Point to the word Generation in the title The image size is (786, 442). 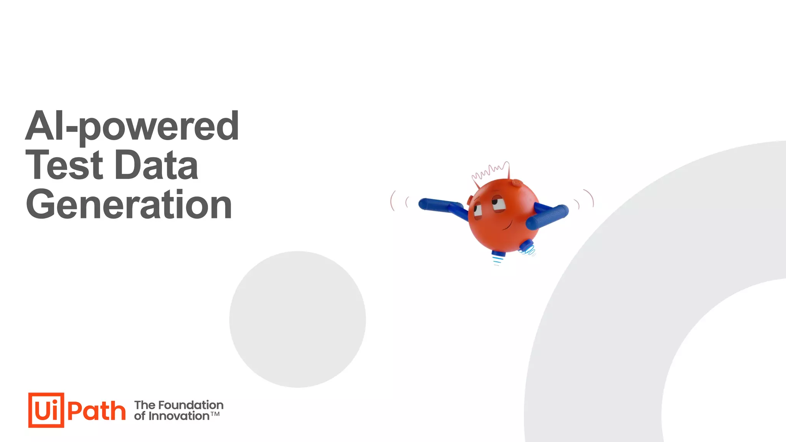click(x=129, y=205)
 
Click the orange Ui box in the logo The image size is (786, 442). click(x=46, y=410)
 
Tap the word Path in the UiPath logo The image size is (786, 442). click(x=96, y=411)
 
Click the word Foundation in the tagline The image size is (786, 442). click(x=191, y=405)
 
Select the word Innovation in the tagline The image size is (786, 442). click(x=179, y=416)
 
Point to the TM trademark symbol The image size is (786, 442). click(x=215, y=414)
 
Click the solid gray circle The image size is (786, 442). click(x=297, y=319)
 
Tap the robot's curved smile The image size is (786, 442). click(x=509, y=224)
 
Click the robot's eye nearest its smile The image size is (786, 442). click(x=499, y=203)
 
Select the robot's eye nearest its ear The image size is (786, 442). click(x=477, y=211)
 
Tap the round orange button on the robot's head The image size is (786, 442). click(x=517, y=183)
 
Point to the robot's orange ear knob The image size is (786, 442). click(x=470, y=200)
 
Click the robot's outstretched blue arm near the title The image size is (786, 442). click(x=439, y=205)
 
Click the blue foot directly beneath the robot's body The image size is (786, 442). click(x=498, y=253)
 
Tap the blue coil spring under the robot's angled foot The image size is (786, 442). click(x=530, y=251)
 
